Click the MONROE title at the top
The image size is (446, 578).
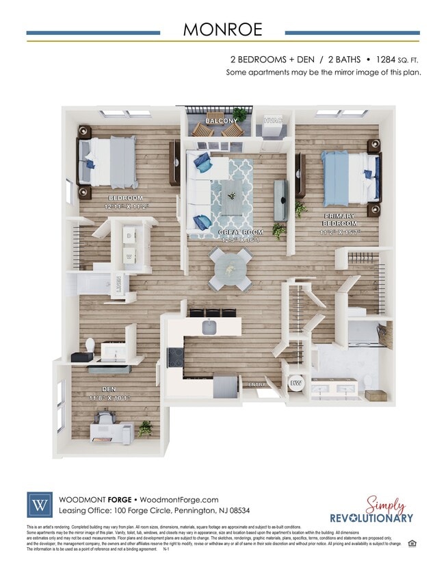222,30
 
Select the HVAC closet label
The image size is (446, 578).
274,121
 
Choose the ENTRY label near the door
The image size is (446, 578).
257,384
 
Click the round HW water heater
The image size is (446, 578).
296,384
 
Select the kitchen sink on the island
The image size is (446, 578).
210,328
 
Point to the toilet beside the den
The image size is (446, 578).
90,344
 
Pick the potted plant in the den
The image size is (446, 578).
145,428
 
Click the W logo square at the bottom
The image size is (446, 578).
39,505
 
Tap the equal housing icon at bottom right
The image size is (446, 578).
412,543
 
